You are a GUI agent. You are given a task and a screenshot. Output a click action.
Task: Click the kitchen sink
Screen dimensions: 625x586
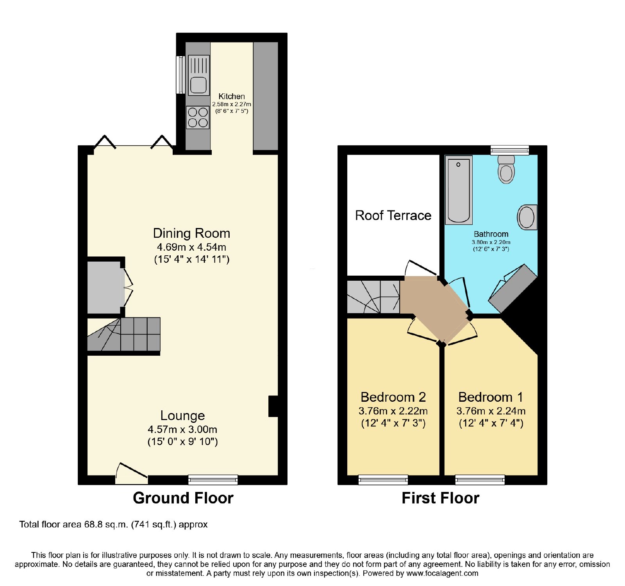(x=199, y=75)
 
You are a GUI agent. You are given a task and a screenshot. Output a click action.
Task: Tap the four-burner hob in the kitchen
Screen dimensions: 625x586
(x=198, y=118)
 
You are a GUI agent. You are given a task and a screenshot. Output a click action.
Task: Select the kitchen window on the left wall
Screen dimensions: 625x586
(x=180, y=75)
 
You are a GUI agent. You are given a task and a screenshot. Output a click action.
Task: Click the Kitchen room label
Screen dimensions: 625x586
(x=232, y=96)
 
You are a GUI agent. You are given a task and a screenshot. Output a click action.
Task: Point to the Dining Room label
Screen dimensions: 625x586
(x=191, y=233)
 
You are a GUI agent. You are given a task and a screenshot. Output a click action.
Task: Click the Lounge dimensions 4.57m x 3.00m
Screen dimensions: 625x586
(x=182, y=429)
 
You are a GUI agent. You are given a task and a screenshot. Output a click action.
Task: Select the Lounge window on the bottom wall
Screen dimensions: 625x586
(x=213, y=479)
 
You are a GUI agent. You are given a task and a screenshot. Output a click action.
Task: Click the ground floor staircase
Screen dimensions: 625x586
(x=124, y=334)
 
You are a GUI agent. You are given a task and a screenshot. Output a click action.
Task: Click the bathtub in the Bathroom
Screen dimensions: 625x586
(x=459, y=190)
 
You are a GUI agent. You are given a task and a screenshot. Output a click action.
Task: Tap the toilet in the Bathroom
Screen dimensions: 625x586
(x=507, y=169)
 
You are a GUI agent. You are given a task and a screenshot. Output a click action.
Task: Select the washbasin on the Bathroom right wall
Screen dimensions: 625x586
(x=527, y=217)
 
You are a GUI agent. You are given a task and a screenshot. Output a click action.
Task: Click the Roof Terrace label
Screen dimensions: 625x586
(x=393, y=215)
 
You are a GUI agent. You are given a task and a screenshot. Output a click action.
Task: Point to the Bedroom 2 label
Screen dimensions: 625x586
(x=393, y=397)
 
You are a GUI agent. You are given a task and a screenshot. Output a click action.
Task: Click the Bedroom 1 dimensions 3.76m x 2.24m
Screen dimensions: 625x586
(x=491, y=411)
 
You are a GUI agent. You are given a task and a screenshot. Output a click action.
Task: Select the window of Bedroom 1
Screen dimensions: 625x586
(x=480, y=479)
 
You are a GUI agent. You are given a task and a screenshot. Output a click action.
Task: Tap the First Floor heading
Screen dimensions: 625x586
(x=441, y=498)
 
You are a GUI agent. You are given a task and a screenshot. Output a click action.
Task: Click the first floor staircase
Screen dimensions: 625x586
(x=373, y=297)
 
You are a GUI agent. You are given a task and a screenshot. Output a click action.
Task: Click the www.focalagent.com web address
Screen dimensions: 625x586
(x=442, y=574)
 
